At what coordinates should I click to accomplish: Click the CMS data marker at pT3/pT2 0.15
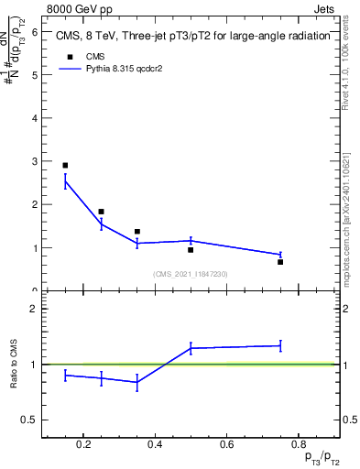pos(65,166)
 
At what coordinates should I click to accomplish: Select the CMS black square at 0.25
pos(101,212)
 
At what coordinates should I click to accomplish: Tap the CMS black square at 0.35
pos(136,232)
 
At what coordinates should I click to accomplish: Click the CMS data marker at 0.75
pos(280,262)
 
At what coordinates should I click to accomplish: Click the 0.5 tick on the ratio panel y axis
pos(31,420)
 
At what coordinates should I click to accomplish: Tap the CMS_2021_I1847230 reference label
pos(191,274)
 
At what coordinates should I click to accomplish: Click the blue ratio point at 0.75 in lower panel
pos(280,345)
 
